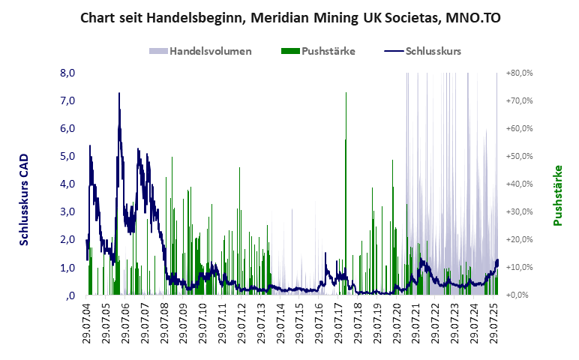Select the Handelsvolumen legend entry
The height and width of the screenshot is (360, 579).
(x=200, y=52)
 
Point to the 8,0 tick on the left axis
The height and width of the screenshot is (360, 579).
(x=67, y=73)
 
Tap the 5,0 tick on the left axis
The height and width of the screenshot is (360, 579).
(x=67, y=157)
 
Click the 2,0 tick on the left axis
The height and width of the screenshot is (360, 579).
(x=67, y=240)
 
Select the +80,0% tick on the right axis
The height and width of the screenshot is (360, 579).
(x=519, y=73)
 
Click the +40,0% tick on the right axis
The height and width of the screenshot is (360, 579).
(x=519, y=184)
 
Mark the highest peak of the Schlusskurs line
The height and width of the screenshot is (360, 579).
(x=118, y=94)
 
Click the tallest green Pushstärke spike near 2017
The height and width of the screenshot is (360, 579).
(x=346, y=94)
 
